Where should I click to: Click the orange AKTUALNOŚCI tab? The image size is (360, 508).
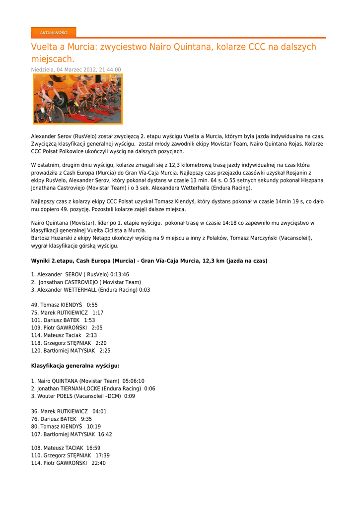click(x=54, y=33)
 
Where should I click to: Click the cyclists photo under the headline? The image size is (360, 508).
click(x=77, y=99)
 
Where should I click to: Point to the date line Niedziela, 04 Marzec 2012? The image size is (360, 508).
click(x=76, y=70)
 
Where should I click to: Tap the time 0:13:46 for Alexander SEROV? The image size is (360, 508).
click(x=120, y=274)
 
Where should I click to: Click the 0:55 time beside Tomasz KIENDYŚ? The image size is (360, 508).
click(x=92, y=305)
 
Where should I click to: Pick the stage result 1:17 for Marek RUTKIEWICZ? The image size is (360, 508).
click(x=98, y=313)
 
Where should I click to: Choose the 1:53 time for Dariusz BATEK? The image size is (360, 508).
click(x=89, y=320)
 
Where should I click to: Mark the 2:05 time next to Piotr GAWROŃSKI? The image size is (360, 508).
click(x=97, y=328)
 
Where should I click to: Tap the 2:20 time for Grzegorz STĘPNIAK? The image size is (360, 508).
click(x=101, y=343)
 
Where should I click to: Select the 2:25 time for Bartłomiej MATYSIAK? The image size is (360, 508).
click(x=105, y=351)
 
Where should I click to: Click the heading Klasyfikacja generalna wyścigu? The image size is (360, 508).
click(x=75, y=366)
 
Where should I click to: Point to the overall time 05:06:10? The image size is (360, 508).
click(x=134, y=381)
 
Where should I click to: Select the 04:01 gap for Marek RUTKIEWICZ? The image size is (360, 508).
click(x=99, y=411)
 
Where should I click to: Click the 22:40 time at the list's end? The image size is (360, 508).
click(x=99, y=463)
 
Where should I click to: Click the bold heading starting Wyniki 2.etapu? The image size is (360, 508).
click(x=149, y=260)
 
